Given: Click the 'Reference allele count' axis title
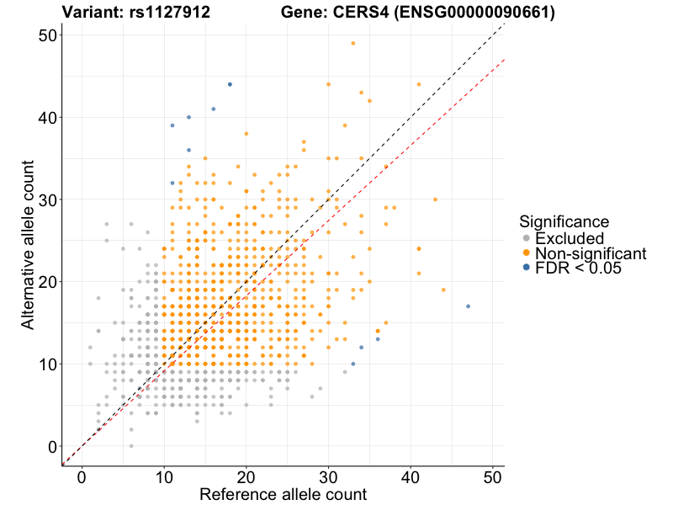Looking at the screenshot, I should click(x=283, y=494).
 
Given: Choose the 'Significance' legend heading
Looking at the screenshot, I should click(x=564, y=221).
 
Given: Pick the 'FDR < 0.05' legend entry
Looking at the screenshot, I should click(x=576, y=268).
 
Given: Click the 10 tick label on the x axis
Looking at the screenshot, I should click(x=163, y=478).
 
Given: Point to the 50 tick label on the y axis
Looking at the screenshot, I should click(x=46, y=35).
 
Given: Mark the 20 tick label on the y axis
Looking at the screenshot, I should click(x=46, y=282).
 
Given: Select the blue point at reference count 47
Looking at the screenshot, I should click(x=468, y=306).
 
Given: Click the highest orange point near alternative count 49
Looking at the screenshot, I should click(x=353, y=43).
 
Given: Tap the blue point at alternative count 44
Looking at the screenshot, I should click(x=230, y=84).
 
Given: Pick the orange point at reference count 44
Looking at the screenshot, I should click(x=443, y=290).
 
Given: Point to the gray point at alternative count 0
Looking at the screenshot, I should click(x=131, y=446).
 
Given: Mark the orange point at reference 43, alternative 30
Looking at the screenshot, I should click(x=435, y=199).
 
